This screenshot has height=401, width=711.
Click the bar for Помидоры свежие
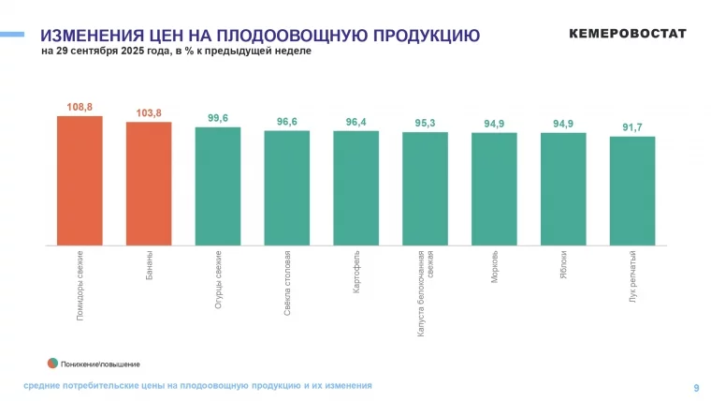pos(80,180)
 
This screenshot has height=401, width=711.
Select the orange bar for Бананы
pos(149,183)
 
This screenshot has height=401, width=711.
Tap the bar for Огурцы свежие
pos(218,186)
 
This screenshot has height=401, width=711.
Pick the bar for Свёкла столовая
pos(287,187)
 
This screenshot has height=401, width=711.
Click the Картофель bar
pos(356,187)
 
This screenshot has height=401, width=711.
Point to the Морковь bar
pos(494,188)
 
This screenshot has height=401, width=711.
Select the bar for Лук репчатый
pos(632,190)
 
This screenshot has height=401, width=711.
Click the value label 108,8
pos(80,107)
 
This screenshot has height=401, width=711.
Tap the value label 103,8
pos(149,113)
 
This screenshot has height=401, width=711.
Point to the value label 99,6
pos(218,118)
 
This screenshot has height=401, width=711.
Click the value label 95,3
pos(425,123)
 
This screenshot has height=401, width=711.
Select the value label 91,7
pos(632,127)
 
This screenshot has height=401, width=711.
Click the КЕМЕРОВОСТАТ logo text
pos(628,34)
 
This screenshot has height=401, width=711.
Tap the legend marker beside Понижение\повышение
pos(53,362)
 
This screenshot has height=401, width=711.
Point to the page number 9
pos(695,387)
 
